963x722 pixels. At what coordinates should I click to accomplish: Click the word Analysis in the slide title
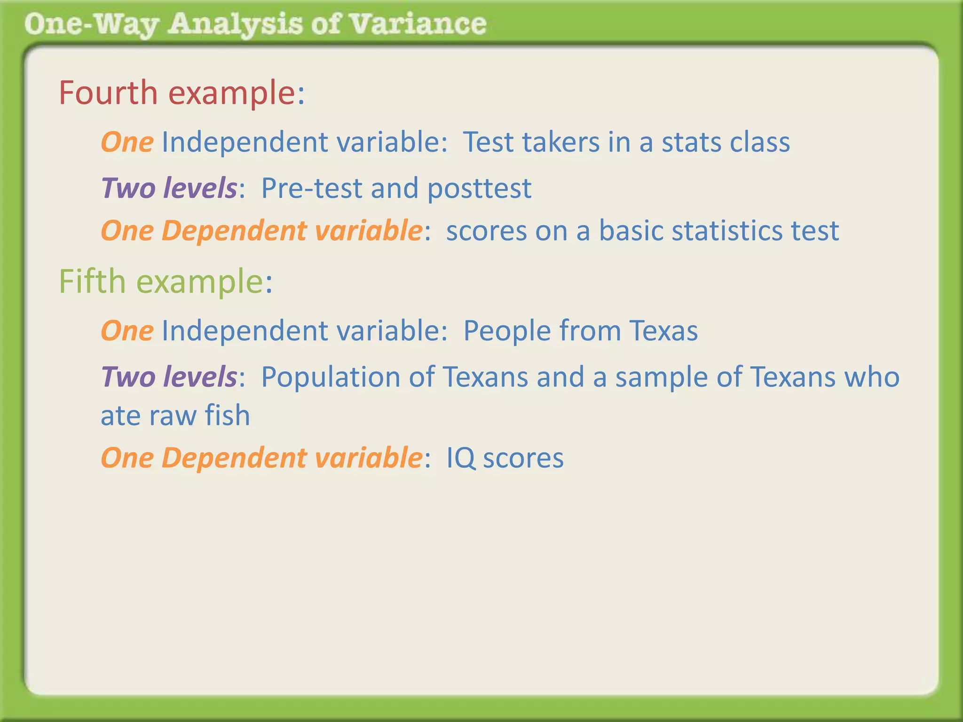point(235,24)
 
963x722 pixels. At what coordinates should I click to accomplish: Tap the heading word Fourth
point(108,93)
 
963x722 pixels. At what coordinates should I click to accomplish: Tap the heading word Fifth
point(92,282)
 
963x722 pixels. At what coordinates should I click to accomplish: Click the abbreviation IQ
point(460,459)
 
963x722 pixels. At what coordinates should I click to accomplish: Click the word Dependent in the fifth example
point(234,459)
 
